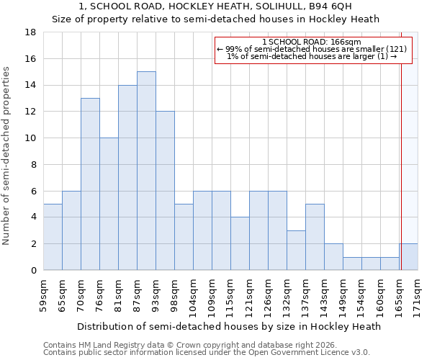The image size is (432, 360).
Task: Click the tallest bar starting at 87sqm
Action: pyautogui.click(x=146, y=171)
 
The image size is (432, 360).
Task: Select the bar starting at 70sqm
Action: pyautogui.click(x=90, y=184)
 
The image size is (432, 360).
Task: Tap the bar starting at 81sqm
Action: pyautogui.click(x=127, y=178)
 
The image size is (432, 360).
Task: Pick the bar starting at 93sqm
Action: pyautogui.click(x=165, y=191)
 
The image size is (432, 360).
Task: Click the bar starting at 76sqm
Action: pyautogui.click(x=109, y=204)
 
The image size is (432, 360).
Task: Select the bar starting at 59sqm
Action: pyautogui.click(x=53, y=237)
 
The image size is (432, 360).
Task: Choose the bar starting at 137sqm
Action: pyautogui.click(x=315, y=237)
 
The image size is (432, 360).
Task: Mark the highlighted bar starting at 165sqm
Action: pyautogui.click(x=408, y=257)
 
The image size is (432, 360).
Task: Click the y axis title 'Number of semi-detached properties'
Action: pyautogui.click(x=6, y=156)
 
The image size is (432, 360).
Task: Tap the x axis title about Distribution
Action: pyautogui.click(x=228, y=326)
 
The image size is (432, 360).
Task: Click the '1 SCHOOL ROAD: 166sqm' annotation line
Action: pyautogui.click(x=313, y=42)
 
